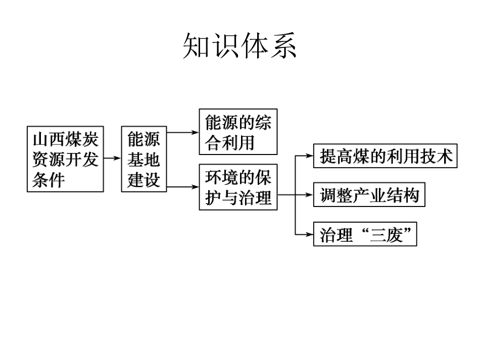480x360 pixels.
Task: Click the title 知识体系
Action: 239,46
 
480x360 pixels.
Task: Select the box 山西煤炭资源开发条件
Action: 65,159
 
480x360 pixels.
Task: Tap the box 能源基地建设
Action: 144,159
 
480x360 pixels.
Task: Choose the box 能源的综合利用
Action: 238,132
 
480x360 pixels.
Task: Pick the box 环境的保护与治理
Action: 238,187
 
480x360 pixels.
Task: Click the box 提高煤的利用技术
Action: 386,156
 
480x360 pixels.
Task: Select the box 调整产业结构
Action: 369,195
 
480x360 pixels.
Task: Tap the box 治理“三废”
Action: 365,234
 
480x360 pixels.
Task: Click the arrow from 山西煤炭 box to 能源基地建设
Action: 112,158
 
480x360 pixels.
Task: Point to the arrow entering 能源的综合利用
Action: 183,132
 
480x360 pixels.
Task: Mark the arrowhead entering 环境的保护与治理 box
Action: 195,187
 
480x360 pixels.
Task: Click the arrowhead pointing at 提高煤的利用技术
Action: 310,156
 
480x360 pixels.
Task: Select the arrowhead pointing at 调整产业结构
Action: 310,194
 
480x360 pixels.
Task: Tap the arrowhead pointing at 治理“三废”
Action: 310,235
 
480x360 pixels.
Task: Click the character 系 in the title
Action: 284,46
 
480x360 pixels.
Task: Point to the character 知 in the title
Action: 196,46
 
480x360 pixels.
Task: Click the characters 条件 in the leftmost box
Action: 49,180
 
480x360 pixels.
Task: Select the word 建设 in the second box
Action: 144,180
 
